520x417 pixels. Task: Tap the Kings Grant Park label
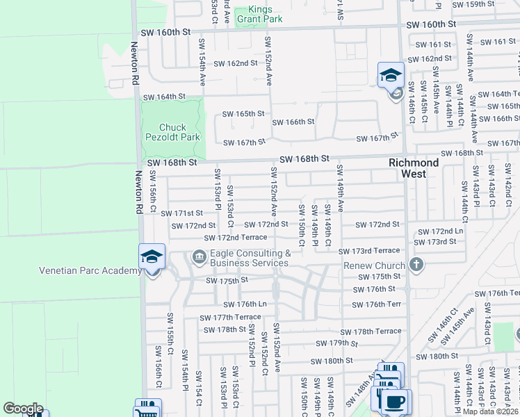pos(259,15)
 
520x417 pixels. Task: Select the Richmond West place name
pos(414,168)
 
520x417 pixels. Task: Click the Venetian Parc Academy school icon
pos(152,256)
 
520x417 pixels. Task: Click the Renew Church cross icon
pos(416,264)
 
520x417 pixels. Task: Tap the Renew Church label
pos(374,265)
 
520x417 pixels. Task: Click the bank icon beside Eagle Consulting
pos(199,259)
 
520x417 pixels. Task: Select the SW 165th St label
pos(243,113)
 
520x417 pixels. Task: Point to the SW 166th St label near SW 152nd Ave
pos(293,122)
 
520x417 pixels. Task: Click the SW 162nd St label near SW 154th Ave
pos(236,63)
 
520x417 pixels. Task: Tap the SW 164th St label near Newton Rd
pos(164,97)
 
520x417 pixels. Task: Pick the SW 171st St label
pos(181,213)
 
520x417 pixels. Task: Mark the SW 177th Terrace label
pos(231,317)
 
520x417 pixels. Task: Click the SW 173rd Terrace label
pos(369,250)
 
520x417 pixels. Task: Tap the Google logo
pos(23,409)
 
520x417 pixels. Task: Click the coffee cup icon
pos(396,402)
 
